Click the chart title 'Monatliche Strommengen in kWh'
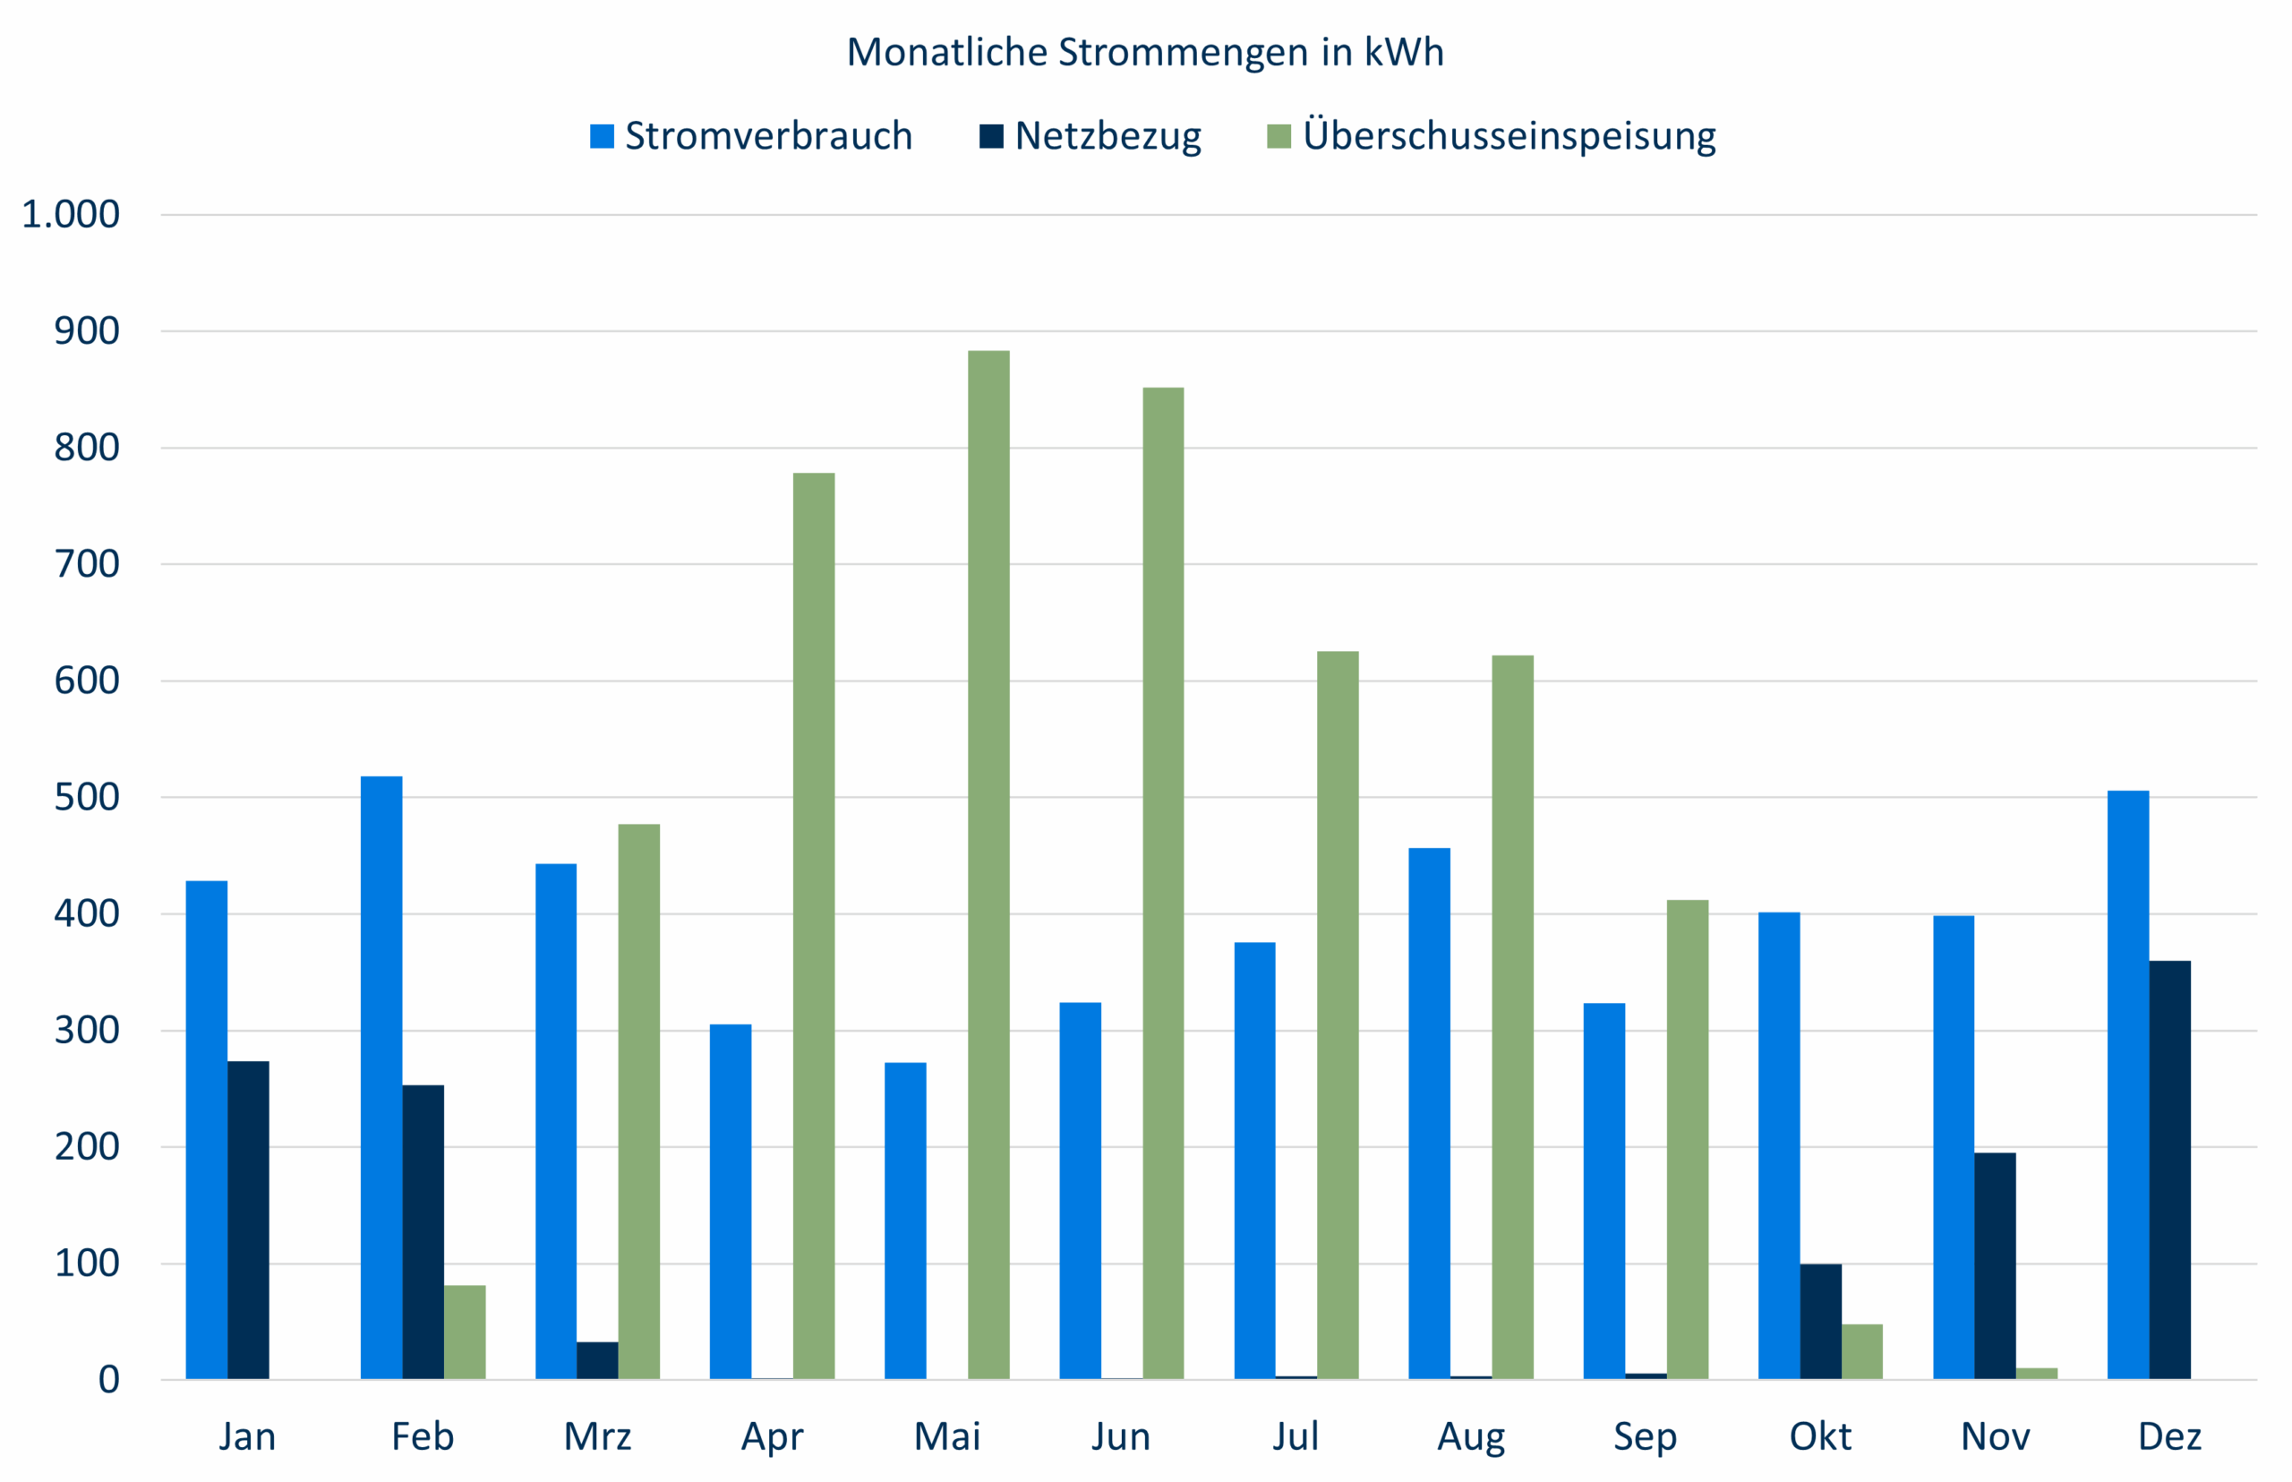1145,52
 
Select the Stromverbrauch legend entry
750,136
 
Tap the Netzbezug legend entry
1090,136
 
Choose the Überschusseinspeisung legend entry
1492,136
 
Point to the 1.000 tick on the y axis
70,215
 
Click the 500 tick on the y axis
87,798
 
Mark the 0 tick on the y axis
108,1380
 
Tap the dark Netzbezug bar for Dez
2170,1169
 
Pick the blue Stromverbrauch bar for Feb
381,1078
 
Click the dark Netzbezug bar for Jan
248,1221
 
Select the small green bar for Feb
465,1332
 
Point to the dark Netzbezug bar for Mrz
597,1360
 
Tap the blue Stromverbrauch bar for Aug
1429,1113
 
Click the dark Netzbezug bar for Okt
1820,1322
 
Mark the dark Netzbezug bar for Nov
1995,1265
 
